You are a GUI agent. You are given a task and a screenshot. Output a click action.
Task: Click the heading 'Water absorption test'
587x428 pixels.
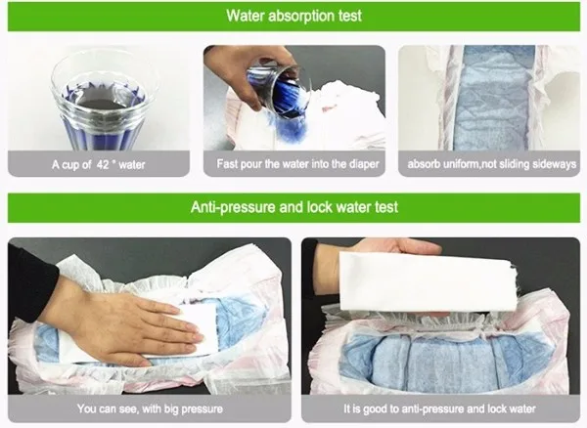coord(293,16)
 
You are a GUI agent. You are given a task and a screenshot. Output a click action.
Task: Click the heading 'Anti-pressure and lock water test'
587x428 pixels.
coord(293,207)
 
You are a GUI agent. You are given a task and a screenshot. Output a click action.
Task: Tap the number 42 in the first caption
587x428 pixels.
coord(103,164)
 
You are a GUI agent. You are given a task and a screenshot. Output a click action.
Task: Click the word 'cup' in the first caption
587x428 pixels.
coord(70,165)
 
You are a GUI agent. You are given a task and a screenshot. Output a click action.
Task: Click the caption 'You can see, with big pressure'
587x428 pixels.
coord(150,408)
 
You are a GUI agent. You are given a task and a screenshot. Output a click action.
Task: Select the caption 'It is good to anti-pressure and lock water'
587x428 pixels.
coord(439,408)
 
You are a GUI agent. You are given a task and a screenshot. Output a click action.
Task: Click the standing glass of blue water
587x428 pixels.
coord(105,105)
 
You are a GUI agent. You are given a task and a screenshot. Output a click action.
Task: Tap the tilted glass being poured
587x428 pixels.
coord(279,90)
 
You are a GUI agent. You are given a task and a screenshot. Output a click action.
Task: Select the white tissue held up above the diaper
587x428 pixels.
coord(427,282)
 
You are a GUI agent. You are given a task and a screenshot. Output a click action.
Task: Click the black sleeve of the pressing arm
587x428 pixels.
coord(32,277)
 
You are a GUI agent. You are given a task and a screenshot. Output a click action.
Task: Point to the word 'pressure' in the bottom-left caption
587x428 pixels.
coord(203,408)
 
